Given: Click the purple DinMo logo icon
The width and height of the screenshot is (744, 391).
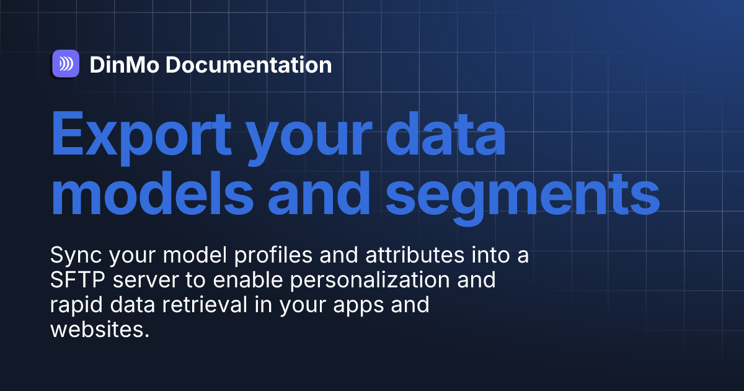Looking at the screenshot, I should coord(65,63).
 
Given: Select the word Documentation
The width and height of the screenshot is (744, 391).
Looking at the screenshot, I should coord(248,65).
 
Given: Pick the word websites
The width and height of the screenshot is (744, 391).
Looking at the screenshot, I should coord(100,330).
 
